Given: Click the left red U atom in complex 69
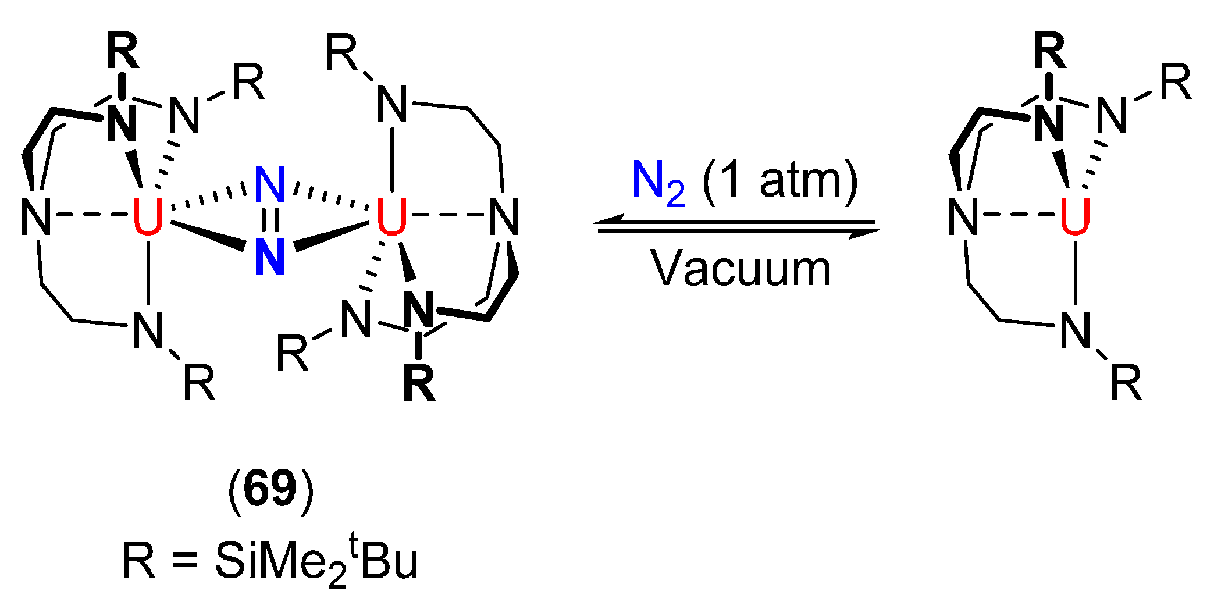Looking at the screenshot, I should [148, 217].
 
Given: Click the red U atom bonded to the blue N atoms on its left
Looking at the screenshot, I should [391, 217].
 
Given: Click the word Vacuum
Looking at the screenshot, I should [741, 269].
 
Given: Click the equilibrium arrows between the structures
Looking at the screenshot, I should [738, 226].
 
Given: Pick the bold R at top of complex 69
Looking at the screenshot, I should [123, 51].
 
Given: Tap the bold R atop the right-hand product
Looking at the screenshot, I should [1050, 51].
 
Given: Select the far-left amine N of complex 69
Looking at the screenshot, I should [36, 217].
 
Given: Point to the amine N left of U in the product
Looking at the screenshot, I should [963, 217].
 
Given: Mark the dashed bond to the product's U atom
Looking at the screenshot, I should [1018, 215].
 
